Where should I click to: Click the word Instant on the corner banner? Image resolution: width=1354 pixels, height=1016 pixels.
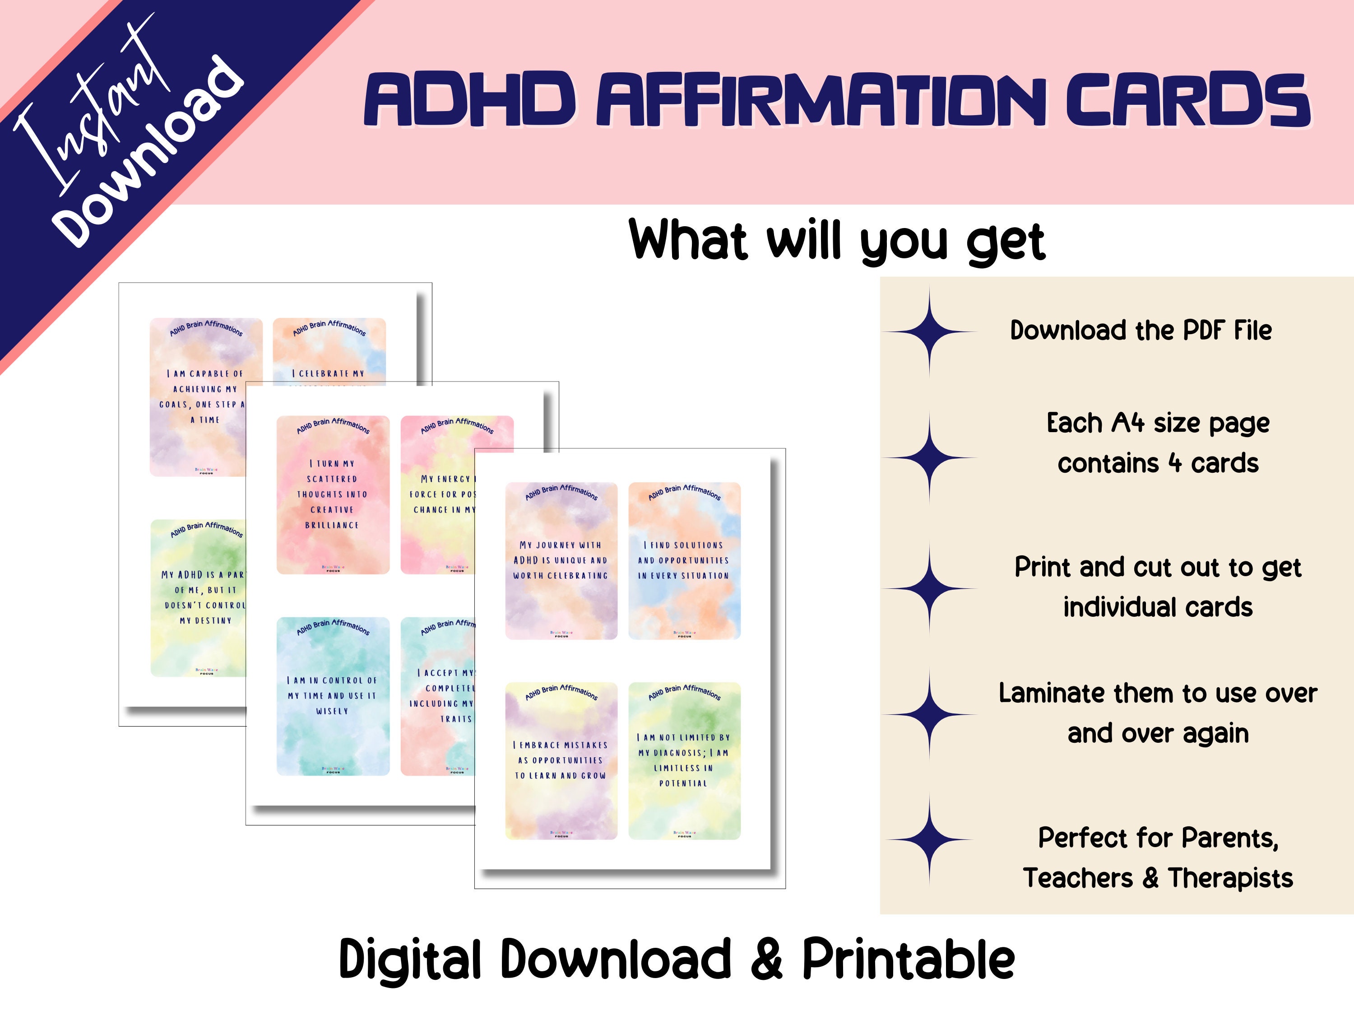pos(92,104)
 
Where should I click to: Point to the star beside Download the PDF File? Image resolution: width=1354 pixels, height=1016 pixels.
pos(929,332)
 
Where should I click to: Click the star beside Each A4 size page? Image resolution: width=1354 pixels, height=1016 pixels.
pos(929,457)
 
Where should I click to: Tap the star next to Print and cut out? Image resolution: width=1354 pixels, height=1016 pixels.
pos(929,588)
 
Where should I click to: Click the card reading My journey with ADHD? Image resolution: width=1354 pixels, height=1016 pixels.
pos(561,561)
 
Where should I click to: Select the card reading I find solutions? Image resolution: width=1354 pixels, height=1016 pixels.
pos(684,561)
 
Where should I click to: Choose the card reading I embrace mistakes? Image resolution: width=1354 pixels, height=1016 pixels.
pos(561,760)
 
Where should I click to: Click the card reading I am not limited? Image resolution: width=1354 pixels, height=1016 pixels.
pos(684,760)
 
